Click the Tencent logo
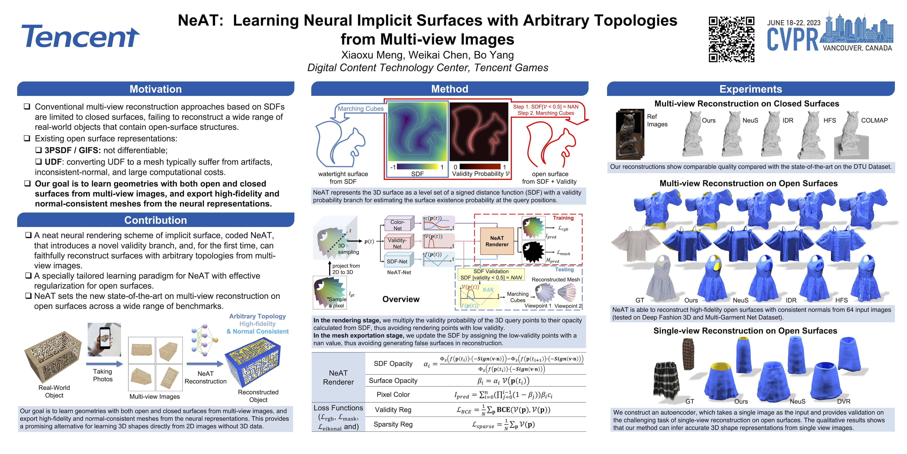click(80, 37)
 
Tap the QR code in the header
click(731, 39)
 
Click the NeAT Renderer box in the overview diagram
click(497, 241)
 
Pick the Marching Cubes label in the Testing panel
click(518, 297)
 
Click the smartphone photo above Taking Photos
click(104, 339)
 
